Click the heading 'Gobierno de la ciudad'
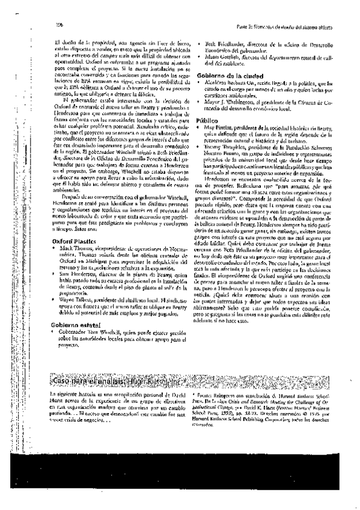click(229, 74)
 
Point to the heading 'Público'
click(207, 120)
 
